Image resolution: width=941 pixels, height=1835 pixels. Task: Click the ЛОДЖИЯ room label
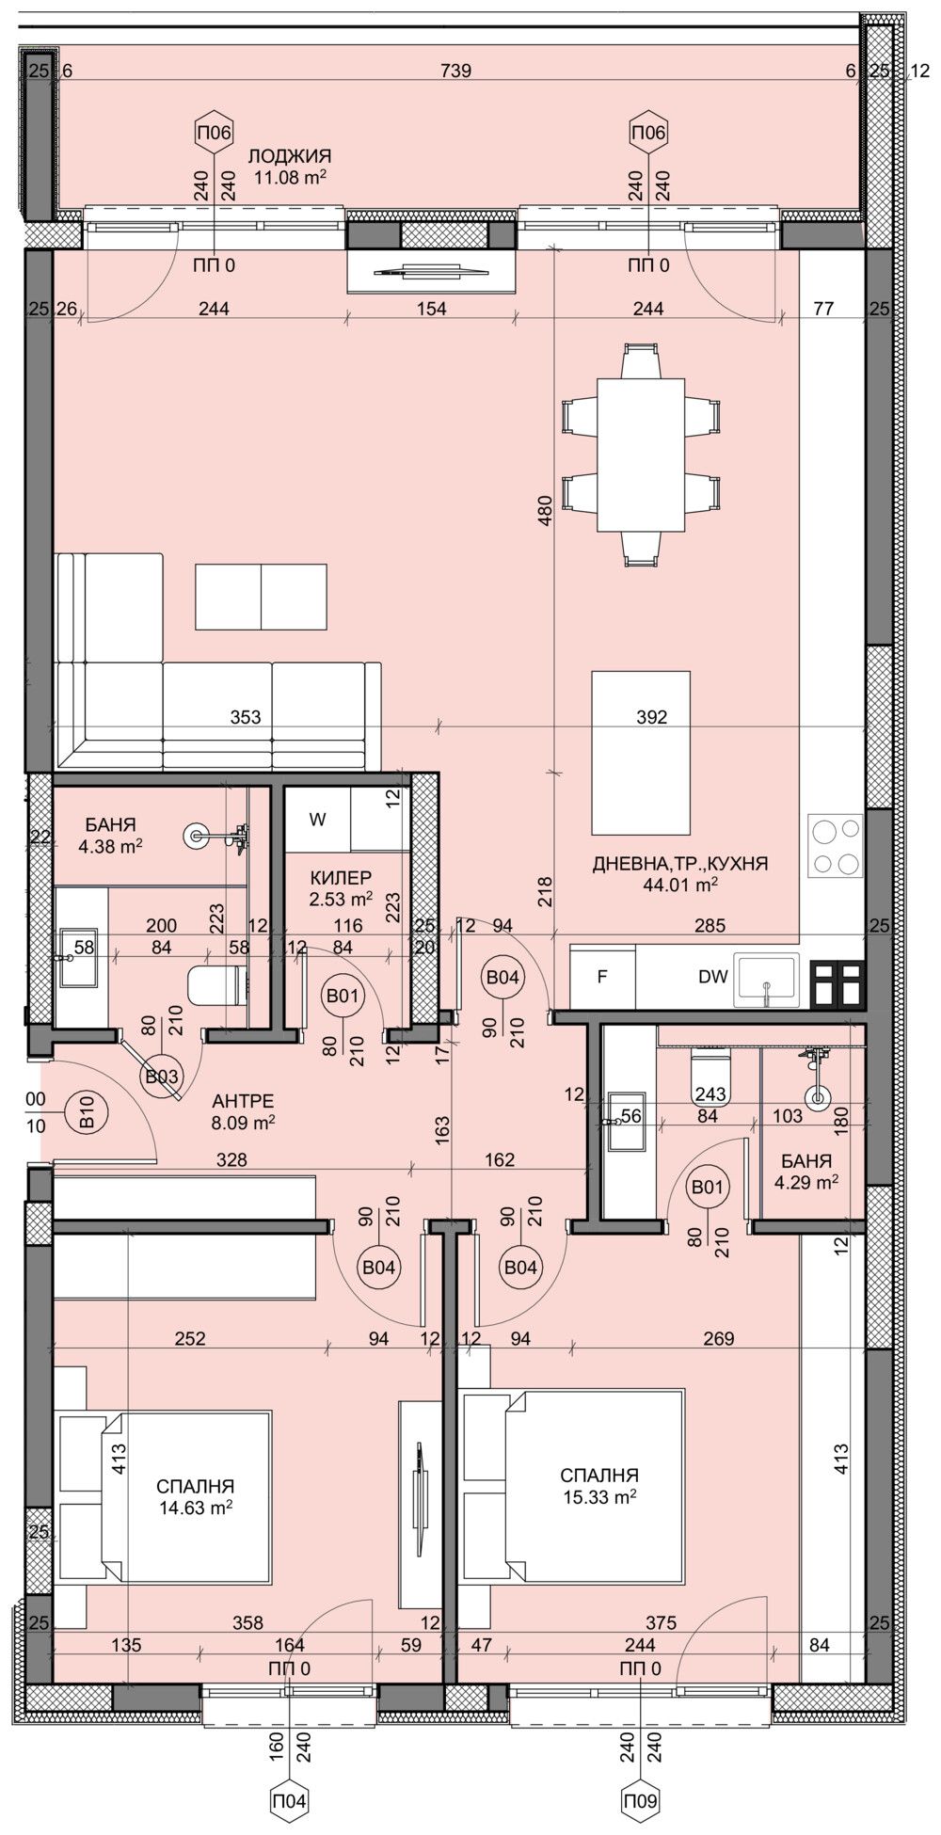click(x=290, y=156)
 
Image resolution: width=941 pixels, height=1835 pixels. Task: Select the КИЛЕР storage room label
click(x=341, y=877)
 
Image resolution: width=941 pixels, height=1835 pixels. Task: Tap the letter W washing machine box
click(x=318, y=820)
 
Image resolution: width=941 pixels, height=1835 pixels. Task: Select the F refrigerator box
click(x=602, y=976)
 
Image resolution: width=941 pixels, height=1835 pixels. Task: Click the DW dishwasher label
click(x=713, y=976)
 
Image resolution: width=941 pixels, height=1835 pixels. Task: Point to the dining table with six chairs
click(x=642, y=455)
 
